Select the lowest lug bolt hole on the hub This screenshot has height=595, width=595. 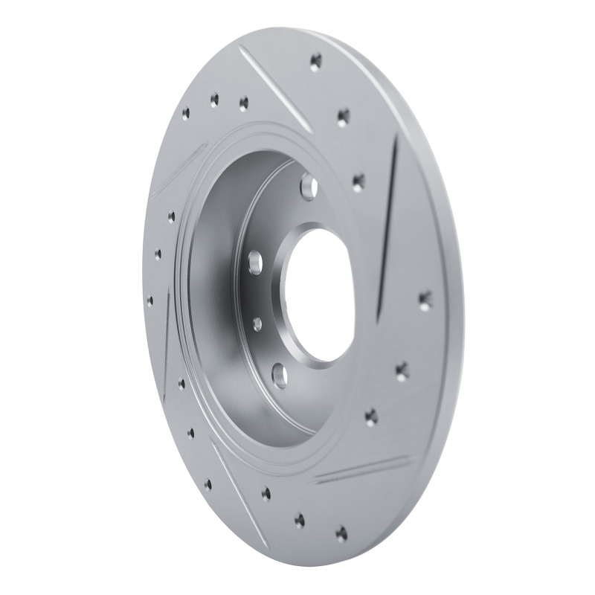[279, 374]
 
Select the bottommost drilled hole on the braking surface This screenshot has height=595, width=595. [341, 533]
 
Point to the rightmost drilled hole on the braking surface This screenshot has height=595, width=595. [425, 301]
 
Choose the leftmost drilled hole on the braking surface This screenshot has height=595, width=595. [149, 300]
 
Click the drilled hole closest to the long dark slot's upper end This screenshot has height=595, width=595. [358, 180]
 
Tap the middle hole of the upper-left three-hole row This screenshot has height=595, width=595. [214, 100]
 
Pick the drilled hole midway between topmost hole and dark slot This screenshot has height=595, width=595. [343, 116]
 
